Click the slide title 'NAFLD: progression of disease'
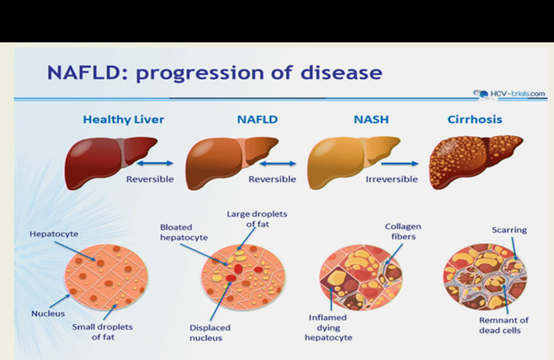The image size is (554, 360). click(214, 72)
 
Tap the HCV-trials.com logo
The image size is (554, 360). click(509, 94)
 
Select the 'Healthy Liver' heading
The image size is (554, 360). click(124, 120)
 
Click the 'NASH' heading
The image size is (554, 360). click(372, 120)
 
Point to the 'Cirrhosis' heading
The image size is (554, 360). click(475, 120)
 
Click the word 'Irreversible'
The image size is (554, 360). click(392, 179)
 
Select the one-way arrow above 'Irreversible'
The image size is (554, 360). click(399, 164)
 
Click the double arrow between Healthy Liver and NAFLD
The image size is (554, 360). click(155, 163)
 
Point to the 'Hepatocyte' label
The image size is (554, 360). click(54, 234)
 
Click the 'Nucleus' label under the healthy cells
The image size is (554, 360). click(48, 314)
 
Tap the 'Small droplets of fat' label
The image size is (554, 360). click(103, 331)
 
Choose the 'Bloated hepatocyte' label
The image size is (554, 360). click(184, 232)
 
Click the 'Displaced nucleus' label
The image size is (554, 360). click(210, 333)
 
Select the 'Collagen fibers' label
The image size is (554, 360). click(403, 231)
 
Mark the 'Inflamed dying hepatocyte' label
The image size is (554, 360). click(328, 327)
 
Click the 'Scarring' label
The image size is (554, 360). click(509, 230)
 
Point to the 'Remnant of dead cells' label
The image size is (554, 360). click(503, 325)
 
